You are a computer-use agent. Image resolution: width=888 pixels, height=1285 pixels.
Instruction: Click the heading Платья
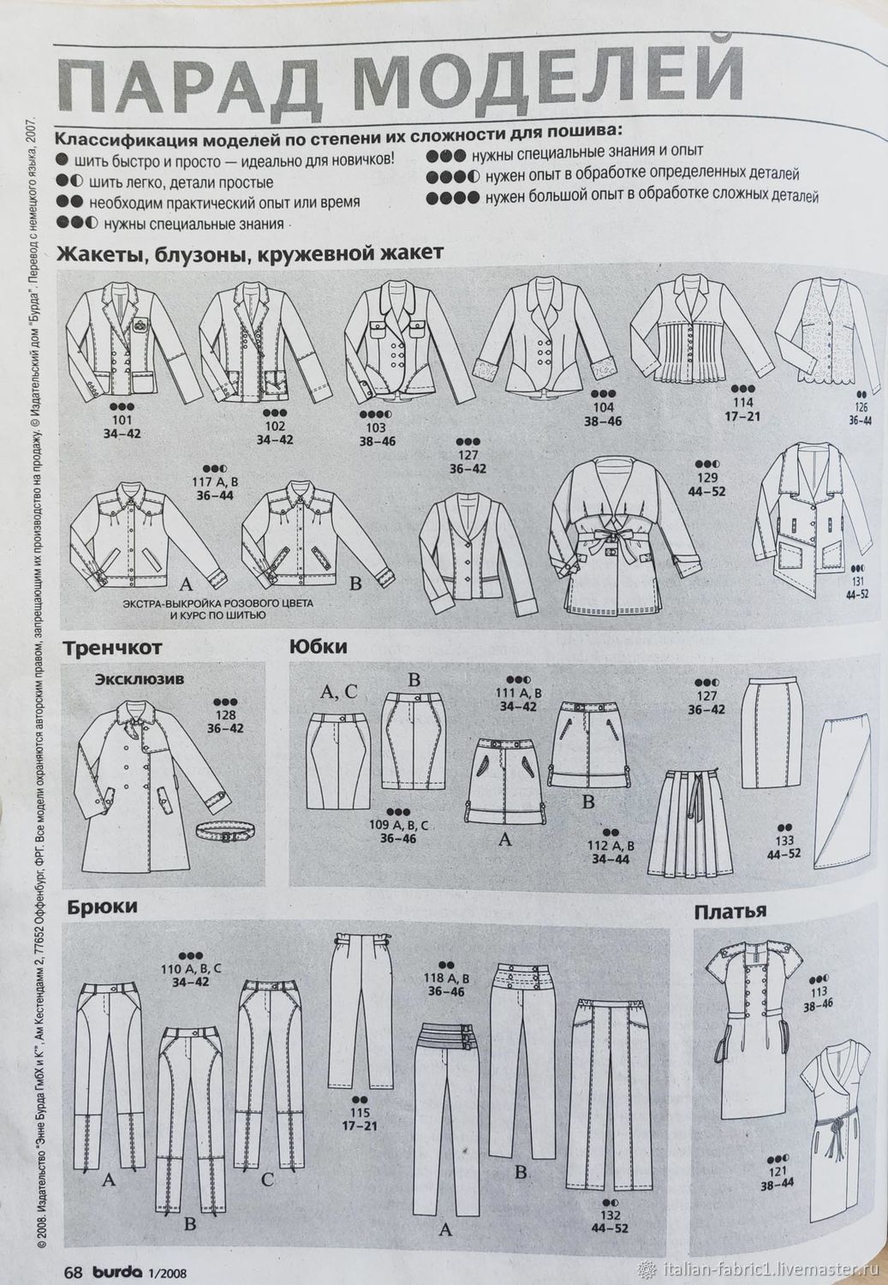click(730, 911)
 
